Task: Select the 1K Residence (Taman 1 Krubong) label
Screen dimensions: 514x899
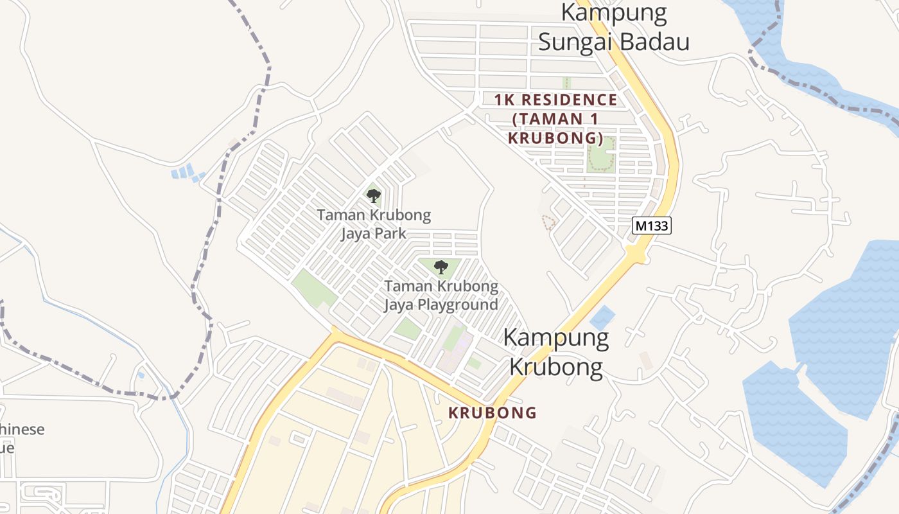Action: point(555,119)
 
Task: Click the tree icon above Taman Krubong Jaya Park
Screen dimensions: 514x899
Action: point(373,195)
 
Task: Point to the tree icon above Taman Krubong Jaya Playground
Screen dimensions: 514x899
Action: point(441,267)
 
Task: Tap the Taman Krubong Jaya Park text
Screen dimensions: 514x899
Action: point(374,224)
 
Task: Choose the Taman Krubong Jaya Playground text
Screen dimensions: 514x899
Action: point(441,295)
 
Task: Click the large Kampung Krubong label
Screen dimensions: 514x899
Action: point(556,352)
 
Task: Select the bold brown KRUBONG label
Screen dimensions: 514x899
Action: point(492,412)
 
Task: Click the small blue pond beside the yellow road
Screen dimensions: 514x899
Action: point(602,316)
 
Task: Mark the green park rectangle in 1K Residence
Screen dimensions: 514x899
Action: point(601,154)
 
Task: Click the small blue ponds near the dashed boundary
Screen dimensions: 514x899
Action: point(186,172)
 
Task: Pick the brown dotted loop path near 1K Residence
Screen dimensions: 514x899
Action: point(548,222)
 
